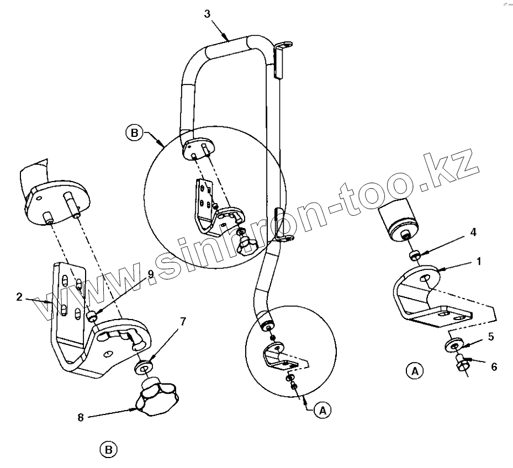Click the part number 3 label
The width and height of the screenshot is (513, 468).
click(207, 14)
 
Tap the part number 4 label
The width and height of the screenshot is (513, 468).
click(473, 233)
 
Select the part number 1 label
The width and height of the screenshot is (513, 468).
click(479, 261)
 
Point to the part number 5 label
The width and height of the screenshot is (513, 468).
click(490, 336)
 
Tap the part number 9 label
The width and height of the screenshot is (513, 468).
click(150, 280)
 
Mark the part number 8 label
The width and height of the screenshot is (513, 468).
click(81, 418)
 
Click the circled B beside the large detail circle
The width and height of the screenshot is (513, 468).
click(133, 133)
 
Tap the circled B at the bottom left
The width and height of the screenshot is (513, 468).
click(109, 450)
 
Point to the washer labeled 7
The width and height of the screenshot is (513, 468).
click(144, 366)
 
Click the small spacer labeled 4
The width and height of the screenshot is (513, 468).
click(414, 256)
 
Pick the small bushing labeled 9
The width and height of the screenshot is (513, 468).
click(92, 316)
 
